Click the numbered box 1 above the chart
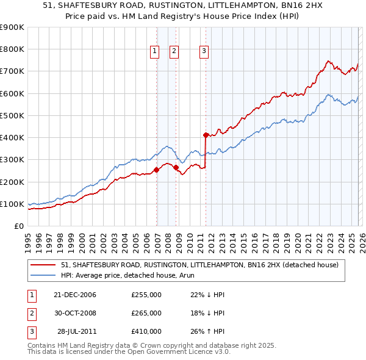coord(154,52)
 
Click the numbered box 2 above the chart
coord(174,52)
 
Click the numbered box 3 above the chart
coord(203,52)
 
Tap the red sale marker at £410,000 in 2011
coord(206,135)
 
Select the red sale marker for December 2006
coord(157,170)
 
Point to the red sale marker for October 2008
coord(176,167)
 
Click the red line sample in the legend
coord(44,265)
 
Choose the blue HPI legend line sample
coord(44,276)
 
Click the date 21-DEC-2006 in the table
coord(75,295)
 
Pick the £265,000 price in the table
coord(146,313)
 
